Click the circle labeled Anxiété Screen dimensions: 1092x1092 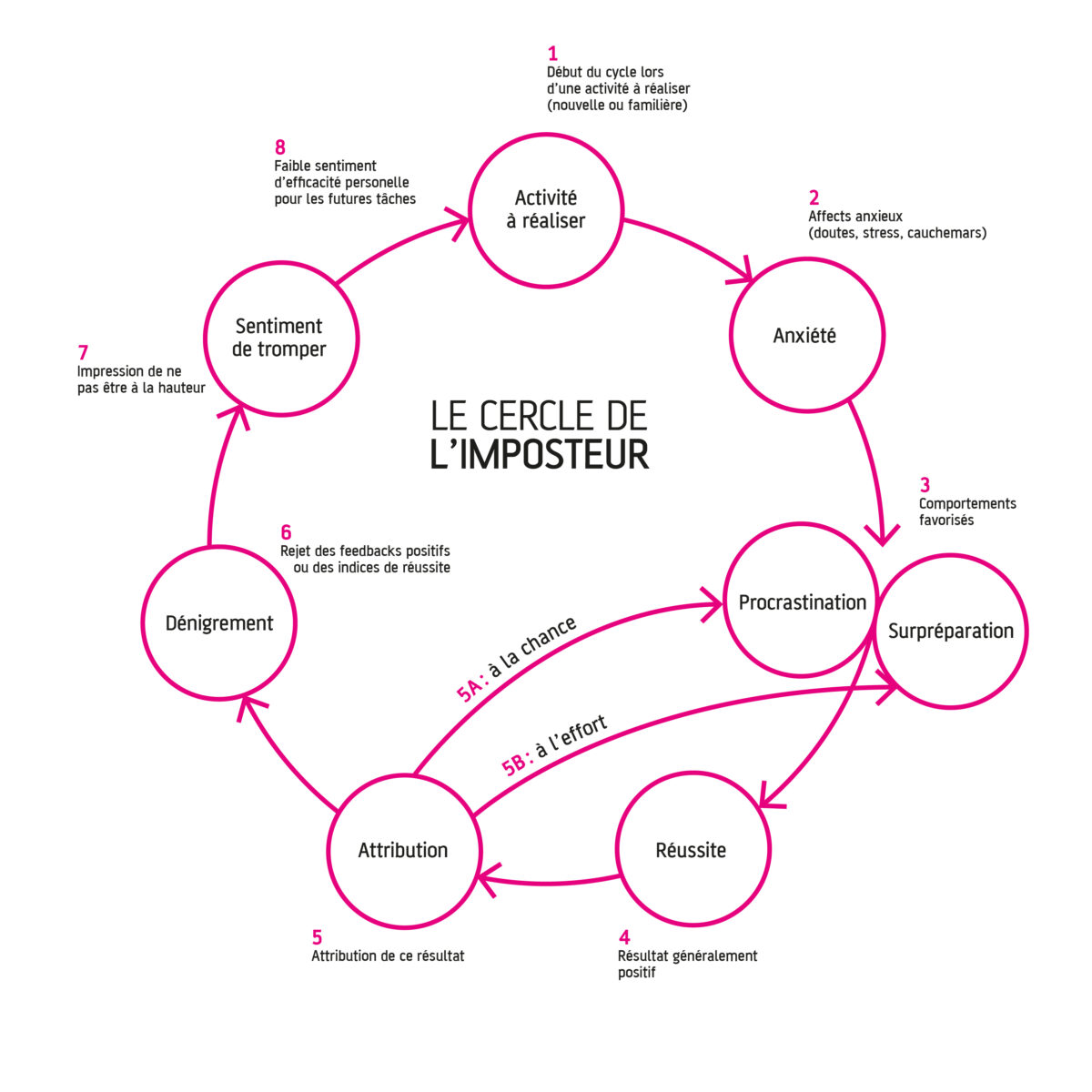pos(806,336)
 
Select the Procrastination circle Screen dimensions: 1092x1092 pos(801,601)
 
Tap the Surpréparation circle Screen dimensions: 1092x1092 pos(951,631)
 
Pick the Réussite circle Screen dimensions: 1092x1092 pos(692,850)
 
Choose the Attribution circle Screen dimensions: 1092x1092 pos(403,850)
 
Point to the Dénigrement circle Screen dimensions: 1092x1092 pos(219,622)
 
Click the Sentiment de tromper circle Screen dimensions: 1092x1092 pos(279,337)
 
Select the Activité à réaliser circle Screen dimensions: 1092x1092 pos(546,208)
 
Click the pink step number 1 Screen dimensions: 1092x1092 pos(552,54)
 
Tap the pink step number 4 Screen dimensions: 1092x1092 pos(624,937)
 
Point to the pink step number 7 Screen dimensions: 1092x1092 pos(83,352)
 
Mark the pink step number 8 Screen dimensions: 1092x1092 pos(280,147)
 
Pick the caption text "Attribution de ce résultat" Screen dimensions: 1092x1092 pos(388,956)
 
